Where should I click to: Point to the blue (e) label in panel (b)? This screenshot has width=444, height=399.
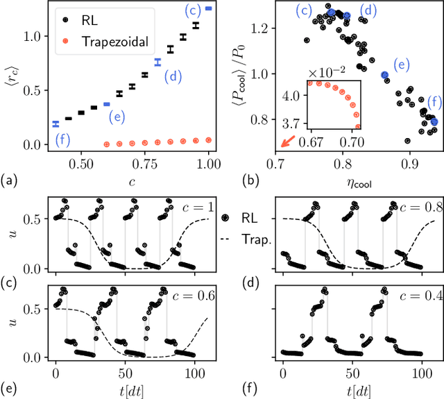pyautogui.click(x=400, y=65)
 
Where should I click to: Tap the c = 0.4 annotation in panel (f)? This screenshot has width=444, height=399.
pyautogui.click(x=420, y=296)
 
